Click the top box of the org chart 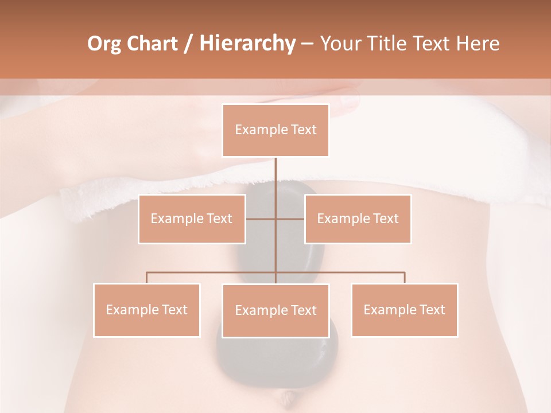(x=275, y=130)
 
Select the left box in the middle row (x=192, y=219)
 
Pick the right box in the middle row (x=358, y=219)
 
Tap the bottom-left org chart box (x=146, y=310)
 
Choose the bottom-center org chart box (x=275, y=310)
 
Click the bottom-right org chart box (x=404, y=310)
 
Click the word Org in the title (x=104, y=44)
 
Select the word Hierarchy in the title (x=247, y=44)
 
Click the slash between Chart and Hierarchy (x=188, y=44)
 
